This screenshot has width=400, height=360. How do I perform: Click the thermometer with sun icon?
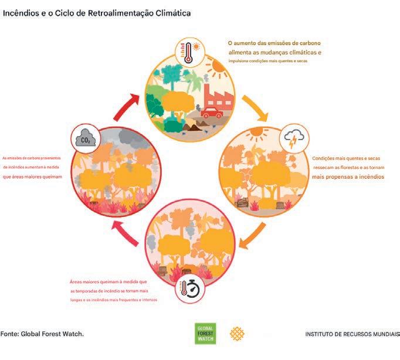tap(189, 52)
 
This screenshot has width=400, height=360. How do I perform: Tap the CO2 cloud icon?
tap(85, 140)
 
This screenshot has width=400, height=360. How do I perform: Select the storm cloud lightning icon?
tap(292, 140)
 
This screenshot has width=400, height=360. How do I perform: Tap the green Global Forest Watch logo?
tap(205, 334)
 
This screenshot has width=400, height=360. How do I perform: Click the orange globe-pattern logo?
tap(237, 334)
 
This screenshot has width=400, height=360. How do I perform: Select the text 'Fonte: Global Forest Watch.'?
tap(42, 334)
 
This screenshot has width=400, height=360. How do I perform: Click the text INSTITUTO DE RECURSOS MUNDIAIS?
tap(352, 334)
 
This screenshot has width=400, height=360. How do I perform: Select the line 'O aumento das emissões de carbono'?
tap(274, 43)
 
